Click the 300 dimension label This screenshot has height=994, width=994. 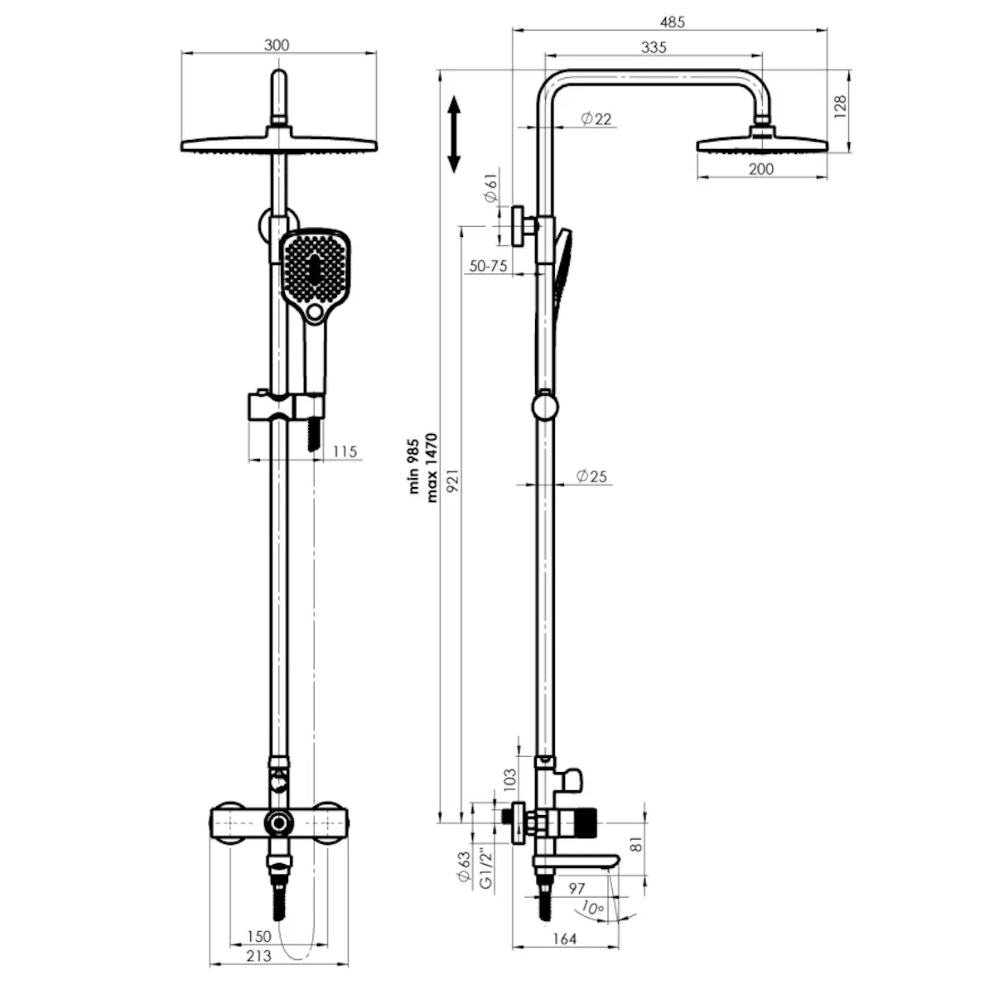click(277, 45)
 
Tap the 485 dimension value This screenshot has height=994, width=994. click(672, 22)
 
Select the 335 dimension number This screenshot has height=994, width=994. click(654, 47)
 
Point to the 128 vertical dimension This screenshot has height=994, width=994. click(840, 107)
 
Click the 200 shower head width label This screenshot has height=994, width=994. click(761, 169)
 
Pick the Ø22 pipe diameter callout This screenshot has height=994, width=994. click(596, 118)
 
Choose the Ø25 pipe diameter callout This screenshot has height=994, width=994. click(591, 475)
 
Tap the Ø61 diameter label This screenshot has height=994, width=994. click(490, 187)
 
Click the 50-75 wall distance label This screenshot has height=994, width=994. click(488, 266)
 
